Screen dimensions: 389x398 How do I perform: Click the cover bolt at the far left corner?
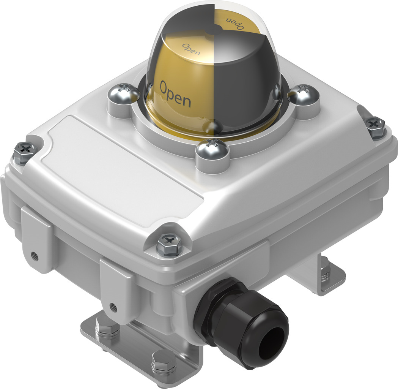24,152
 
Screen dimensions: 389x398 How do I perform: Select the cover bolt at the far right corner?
376,126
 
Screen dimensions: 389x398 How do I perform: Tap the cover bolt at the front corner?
169,243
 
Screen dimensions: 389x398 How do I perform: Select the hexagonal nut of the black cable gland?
212,312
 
